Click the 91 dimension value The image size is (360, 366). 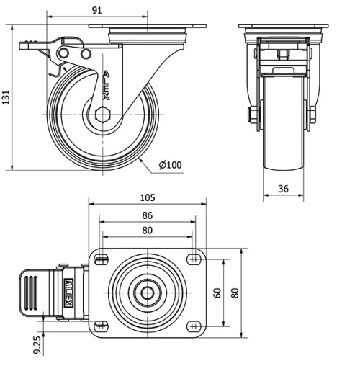point(97,10)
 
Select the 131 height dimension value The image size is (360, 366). point(6,97)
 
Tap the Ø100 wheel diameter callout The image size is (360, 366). point(170,165)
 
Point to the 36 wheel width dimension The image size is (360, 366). point(283,189)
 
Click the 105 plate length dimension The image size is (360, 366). point(148,197)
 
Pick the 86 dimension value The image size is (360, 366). point(147,215)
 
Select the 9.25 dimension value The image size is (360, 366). point(37,345)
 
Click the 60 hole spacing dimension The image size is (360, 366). point(217,293)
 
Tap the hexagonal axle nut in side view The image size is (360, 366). point(102,115)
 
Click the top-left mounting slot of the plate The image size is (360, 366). point(101,259)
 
